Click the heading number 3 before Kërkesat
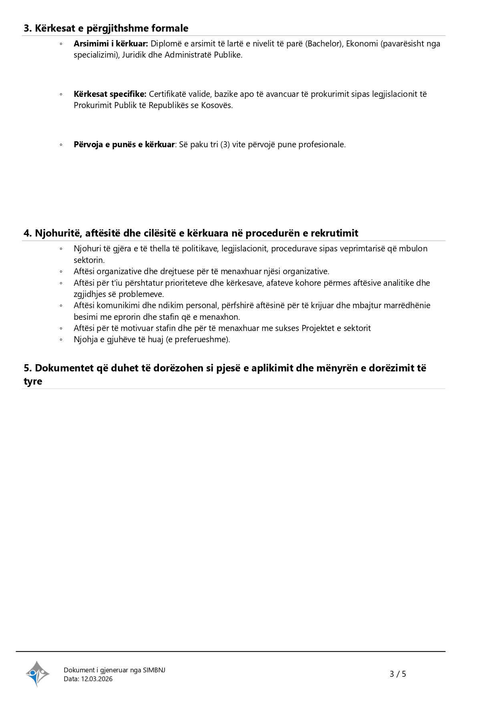tap(27, 28)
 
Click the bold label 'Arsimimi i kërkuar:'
tap(111, 44)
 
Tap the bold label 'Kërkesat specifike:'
tap(110, 94)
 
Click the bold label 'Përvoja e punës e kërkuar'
tap(124, 144)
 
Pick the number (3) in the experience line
tap(225, 144)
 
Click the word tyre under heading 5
tap(33, 381)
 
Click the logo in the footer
tap(37, 674)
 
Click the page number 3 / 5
tap(398, 674)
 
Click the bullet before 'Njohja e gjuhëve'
tap(61, 340)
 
